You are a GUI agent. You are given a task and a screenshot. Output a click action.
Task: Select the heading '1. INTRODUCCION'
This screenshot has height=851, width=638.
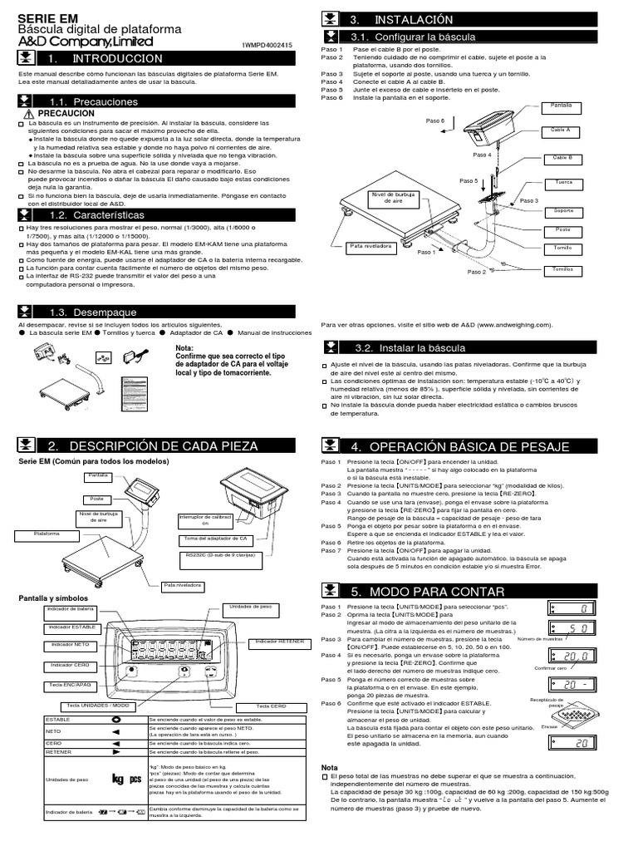pos(106,59)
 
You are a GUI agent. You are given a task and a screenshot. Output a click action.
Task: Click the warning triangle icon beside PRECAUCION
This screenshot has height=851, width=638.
pos(29,113)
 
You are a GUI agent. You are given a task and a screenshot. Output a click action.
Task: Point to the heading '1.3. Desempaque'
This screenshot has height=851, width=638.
pos(110,311)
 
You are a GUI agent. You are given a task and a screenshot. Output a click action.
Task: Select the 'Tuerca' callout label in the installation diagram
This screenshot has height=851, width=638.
pos(563,180)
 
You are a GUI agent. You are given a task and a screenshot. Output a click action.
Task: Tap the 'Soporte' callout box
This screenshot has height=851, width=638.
pos(563,211)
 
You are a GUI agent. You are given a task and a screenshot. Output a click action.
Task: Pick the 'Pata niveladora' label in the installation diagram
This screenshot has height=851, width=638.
pos(371,247)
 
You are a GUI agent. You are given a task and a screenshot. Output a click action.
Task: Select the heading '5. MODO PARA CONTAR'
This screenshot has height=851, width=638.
pos(440,592)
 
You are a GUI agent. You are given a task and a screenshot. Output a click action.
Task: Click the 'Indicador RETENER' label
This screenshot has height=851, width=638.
pos(277,642)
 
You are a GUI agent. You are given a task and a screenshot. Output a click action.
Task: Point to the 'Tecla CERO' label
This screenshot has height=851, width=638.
pos(271,706)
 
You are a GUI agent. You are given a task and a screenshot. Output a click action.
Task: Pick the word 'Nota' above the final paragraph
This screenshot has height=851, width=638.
pos(331,766)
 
